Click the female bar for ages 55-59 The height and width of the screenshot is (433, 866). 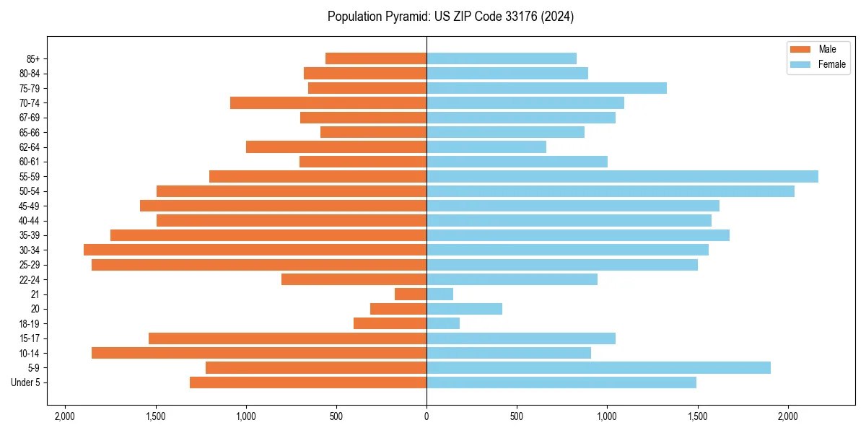click(622, 177)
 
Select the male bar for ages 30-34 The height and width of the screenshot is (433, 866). click(255, 250)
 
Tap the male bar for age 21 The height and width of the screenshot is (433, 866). click(411, 294)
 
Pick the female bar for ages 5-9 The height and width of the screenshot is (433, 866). click(598, 368)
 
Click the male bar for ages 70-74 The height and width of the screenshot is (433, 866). click(328, 103)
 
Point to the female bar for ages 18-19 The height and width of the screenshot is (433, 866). click(443, 323)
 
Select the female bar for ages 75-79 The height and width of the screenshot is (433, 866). click(546, 88)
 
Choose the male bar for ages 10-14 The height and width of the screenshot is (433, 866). click(259, 353)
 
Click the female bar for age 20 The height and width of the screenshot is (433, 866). click(464, 309)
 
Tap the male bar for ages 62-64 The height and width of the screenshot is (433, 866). click(336, 147)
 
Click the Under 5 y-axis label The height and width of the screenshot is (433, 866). click(26, 382)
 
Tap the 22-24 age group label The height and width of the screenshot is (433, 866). click(30, 280)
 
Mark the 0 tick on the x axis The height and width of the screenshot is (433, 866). click(427, 416)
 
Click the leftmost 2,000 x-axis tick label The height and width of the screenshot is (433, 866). click(65, 416)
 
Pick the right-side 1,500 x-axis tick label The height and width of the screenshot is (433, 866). click(697, 416)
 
